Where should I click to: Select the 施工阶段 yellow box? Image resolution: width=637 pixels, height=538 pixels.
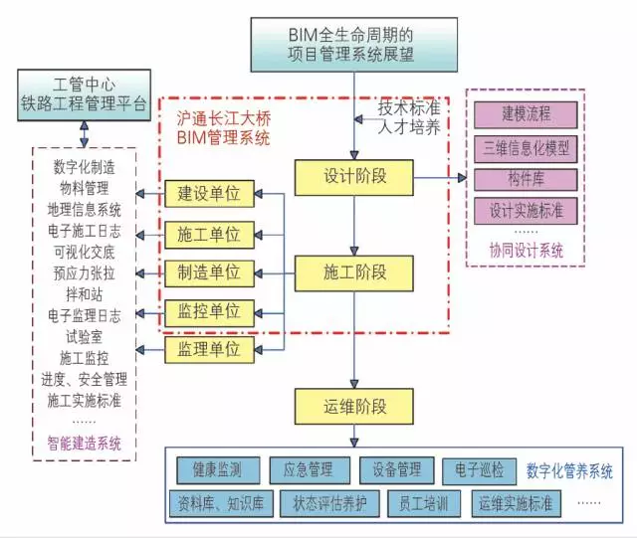[355, 270]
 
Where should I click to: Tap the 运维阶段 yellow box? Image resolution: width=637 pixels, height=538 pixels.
[355, 406]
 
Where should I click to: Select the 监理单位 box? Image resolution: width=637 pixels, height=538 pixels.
[209, 349]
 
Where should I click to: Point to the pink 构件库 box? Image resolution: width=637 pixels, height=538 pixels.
[526, 180]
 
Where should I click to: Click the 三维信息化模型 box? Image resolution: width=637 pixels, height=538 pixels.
[526, 148]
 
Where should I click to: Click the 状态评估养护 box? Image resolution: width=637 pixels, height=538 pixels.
[329, 503]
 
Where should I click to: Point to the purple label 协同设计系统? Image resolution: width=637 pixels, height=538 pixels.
[526, 252]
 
